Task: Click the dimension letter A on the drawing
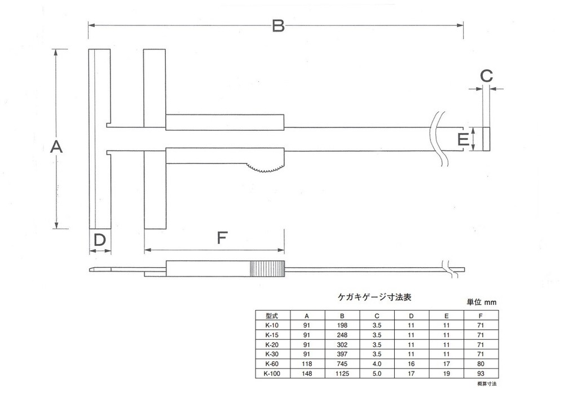(56, 148)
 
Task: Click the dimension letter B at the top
(277, 26)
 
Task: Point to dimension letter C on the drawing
(486, 75)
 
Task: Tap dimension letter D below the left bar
(99, 240)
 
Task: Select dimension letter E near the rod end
(463, 139)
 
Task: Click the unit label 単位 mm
(480, 302)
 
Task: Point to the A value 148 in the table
(306, 374)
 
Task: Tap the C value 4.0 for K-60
(377, 364)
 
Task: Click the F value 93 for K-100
(481, 374)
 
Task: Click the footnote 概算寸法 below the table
(487, 384)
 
